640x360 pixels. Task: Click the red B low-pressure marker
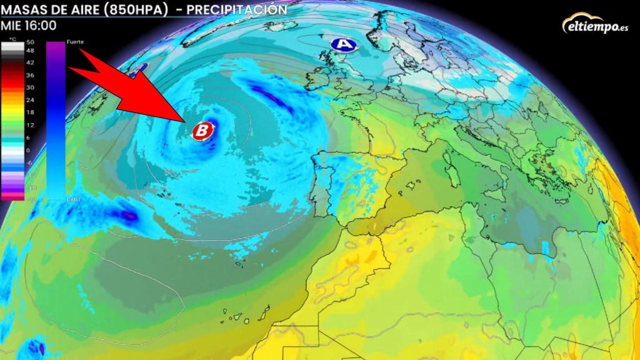click(x=202, y=131)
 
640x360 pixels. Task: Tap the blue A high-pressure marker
click(x=342, y=44)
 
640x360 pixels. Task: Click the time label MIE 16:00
click(x=29, y=26)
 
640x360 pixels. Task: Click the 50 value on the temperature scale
click(x=31, y=42)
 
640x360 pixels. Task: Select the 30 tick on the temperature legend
click(x=31, y=87)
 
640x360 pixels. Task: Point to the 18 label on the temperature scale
click(x=31, y=112)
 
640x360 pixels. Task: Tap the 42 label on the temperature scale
click(x=31, y=62)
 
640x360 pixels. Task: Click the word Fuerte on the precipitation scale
click(x=74, y=41)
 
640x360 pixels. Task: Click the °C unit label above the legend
click(x=13, y=39)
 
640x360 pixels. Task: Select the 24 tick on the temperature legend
click(x=31, y=100)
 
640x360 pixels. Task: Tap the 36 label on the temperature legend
click(x=31, y=75)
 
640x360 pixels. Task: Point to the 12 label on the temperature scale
click(x=31, y=125)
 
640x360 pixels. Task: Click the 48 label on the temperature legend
click(x=31, y=50)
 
